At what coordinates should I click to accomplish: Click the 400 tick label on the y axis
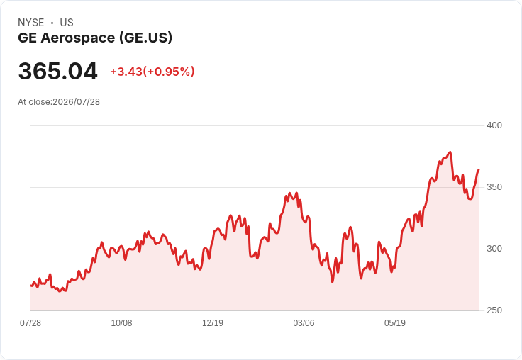tap(494, 125)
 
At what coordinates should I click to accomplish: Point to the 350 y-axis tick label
tap(494, 187)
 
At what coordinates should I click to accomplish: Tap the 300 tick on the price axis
tap(494, 249)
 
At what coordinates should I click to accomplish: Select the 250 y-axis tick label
tap(494, 310)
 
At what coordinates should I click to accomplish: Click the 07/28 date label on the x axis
tap(30, 322)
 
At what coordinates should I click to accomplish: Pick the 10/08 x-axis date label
tap(121, 322)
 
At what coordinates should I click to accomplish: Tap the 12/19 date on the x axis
tap(213, 322)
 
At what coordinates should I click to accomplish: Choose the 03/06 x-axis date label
tap(304, 322)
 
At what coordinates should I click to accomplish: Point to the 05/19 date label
tap(395, 322)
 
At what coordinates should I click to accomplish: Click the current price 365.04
tap(57, 71)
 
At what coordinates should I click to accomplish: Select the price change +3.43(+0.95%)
tap(152, 72)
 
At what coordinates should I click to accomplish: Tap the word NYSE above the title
tap(31, 23)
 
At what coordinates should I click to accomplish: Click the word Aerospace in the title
tap(78, 38)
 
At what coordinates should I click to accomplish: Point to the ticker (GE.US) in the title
tap(146, 38)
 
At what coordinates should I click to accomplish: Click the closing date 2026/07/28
tap(76, 102)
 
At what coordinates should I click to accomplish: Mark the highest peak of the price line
tap(450, 152)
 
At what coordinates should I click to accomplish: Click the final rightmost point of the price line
tap(479, 170)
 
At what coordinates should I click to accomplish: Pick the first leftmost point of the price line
tap(31, 286)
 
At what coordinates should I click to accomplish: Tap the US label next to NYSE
tap(67, 23)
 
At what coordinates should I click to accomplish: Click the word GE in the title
tap(27, 38)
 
